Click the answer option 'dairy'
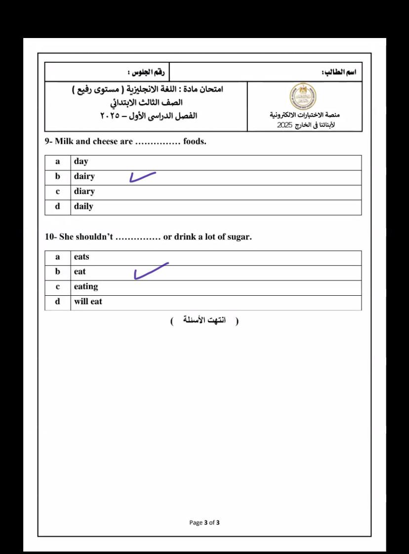84,176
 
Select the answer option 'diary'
84,192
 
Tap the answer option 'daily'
83,206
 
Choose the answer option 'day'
81,161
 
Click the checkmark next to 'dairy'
142,177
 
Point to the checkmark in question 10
151,271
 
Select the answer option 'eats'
82,257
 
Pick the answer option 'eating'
86,287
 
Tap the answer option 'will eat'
88,302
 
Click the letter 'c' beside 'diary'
58,192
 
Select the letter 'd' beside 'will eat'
58,302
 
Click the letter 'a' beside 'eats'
58,257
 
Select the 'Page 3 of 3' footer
204,522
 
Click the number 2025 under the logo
285,125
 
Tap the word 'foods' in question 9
194,142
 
